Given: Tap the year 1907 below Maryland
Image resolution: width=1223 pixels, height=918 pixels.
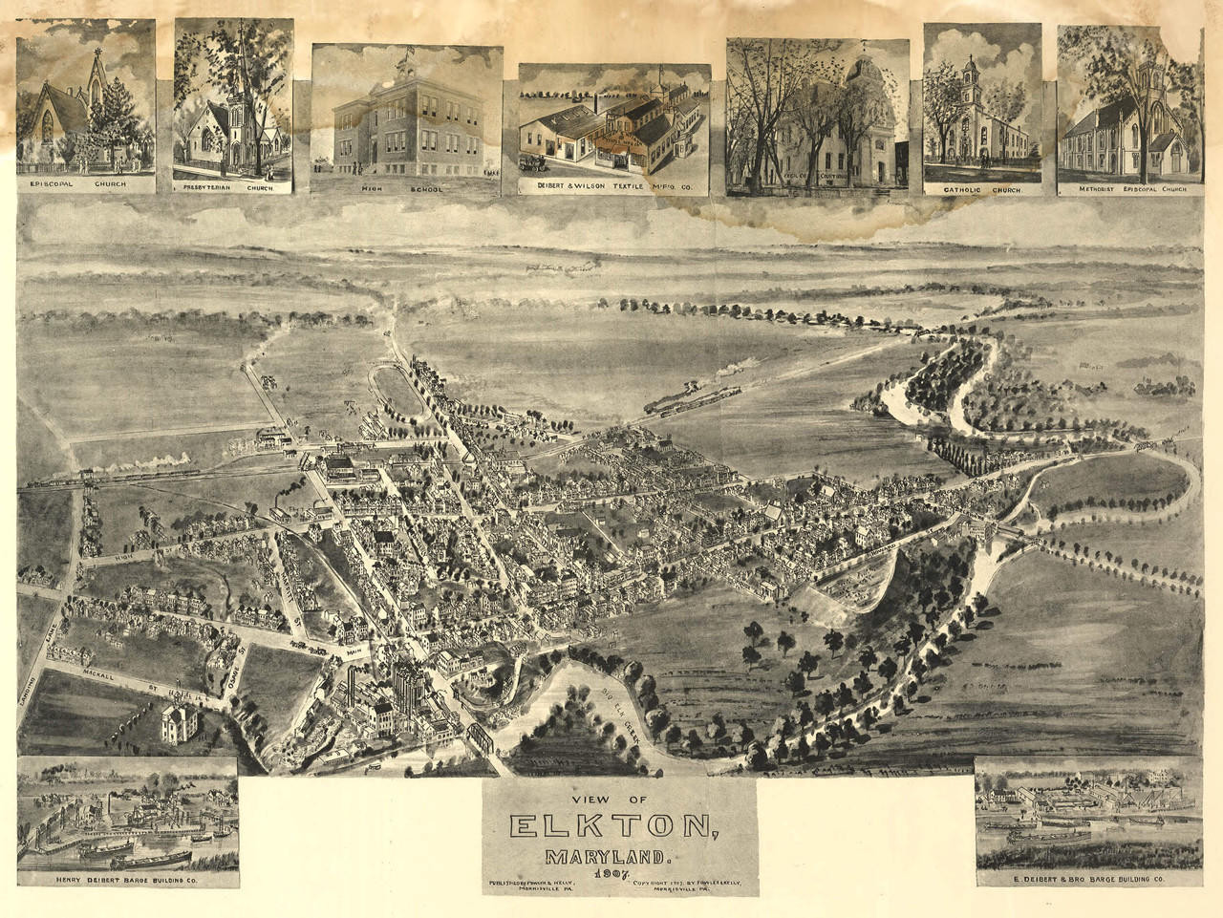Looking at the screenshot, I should click(618, 871).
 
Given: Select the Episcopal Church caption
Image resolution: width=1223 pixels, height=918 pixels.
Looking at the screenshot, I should click(86, 184).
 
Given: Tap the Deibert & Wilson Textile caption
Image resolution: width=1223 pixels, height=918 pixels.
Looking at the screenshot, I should click(613, 188).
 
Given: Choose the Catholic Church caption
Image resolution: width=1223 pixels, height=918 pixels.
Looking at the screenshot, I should click(982, 190).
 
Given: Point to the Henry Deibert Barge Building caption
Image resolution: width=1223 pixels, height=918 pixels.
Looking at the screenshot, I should click(126, 877).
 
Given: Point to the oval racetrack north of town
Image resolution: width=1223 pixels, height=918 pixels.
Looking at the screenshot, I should click(397, 391).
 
